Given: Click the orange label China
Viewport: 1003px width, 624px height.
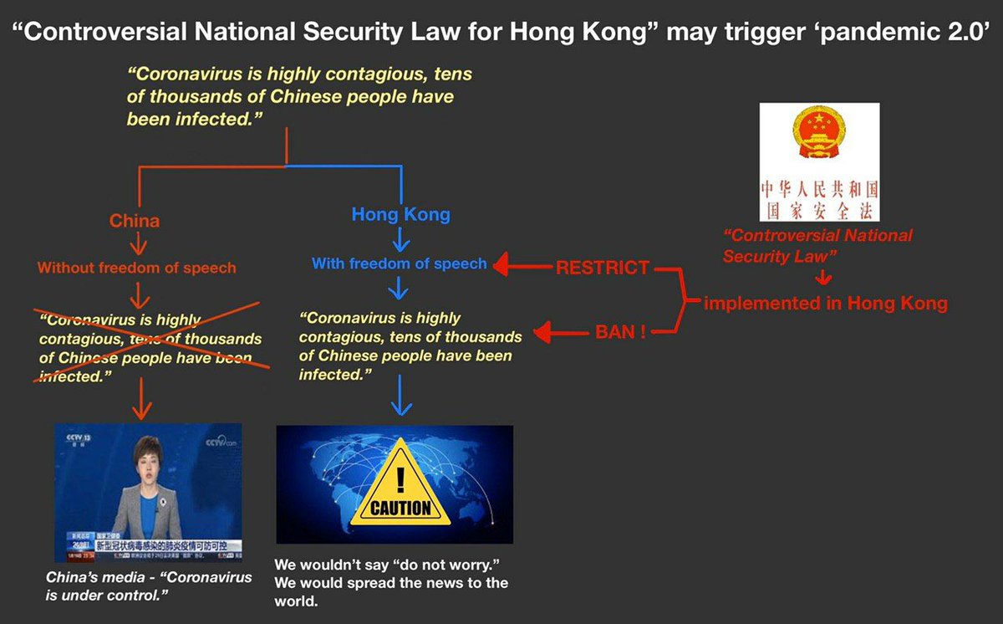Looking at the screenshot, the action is [x=135, y=222].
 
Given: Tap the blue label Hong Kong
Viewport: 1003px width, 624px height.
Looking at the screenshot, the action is [x=400, y=214].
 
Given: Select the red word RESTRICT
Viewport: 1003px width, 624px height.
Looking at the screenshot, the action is [x=602, y=268].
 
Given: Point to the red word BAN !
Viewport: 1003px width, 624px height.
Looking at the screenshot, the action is [x=619, y=332].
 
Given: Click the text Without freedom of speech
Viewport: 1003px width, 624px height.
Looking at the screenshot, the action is [x=136, y=269].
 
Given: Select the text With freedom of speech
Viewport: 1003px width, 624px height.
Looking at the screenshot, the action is [x=399, y=263].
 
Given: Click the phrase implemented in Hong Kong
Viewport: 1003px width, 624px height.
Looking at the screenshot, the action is [x=826, y=303].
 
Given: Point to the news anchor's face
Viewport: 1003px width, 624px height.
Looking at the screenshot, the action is [x=144, y=458].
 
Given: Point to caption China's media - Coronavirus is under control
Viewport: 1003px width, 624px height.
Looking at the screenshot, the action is [x=149, y=586].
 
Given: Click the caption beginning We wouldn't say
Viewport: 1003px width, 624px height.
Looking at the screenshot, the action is [x=392, y=581].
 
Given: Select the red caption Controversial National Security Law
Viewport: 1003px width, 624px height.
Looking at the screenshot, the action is [x=817, y=245].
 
